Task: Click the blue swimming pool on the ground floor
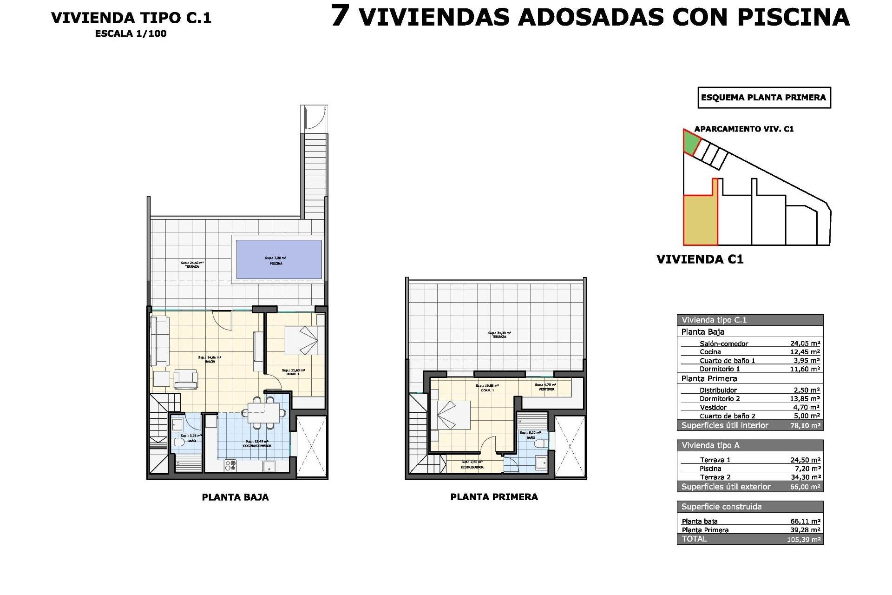click(279, 259)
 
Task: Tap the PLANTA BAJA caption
click(235, 497)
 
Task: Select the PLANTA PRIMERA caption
click(494, 497)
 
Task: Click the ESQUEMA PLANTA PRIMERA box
click(764, 98)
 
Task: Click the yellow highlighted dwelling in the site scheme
click(700, 220)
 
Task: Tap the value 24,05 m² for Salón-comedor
click(805, 344)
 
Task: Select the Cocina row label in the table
click(710, 352)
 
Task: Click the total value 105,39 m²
click(804, 540)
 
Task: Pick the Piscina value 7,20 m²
click(807, 469)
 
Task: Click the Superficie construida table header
click(721, 507)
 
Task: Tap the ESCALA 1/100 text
click(131, 33)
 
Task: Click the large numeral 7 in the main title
click(340, 16)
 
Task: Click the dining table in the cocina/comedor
click(263, 412)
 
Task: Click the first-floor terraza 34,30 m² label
click(499, 335)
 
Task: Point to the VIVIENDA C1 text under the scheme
click(700, 259)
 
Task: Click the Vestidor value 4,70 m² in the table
click(806, 407)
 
